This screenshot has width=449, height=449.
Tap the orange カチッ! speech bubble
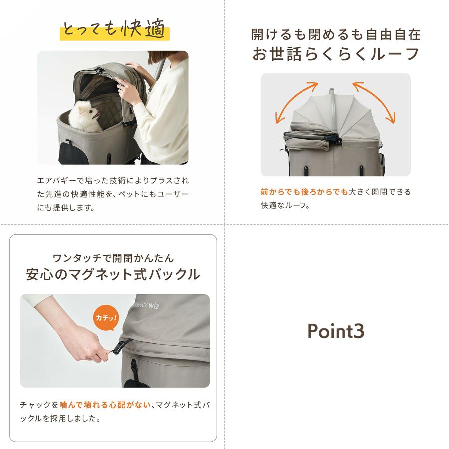[106, 317]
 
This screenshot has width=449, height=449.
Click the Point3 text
[336, 331]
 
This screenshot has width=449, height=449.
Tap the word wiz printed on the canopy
[153, 306]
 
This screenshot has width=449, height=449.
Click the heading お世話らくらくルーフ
[336, 54]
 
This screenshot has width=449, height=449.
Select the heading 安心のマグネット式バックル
[113, 274]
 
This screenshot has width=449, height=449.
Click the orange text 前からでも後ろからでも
[304, 192]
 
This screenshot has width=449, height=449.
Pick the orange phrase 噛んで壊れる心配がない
[105, 405]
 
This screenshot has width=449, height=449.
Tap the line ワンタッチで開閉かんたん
[113, 258]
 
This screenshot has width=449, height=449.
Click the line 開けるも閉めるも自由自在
[336, 34]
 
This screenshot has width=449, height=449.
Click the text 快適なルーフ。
[285, 205]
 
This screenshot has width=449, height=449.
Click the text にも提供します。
[66, 207]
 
